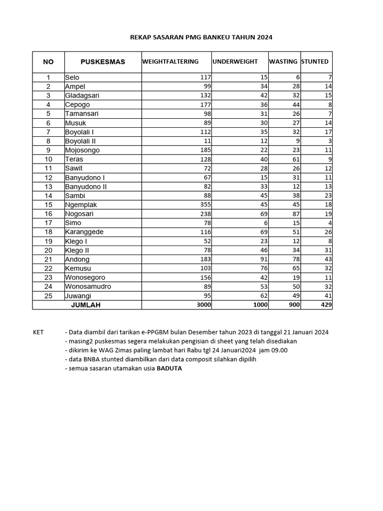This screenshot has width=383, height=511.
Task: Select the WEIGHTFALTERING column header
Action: click(171, 62)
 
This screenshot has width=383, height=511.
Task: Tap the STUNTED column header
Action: click(315, 62)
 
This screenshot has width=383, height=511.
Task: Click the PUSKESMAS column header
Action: click(103, 62)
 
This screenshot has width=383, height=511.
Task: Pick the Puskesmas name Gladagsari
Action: click(82, 95)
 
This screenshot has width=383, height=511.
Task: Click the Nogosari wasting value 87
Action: click(294, 214)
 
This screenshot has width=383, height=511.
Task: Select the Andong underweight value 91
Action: click(262, 259)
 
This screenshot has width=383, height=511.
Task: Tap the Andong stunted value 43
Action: click(327, 259)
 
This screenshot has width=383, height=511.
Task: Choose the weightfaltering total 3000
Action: click(203, 305)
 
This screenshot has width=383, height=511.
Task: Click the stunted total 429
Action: click(326, 305)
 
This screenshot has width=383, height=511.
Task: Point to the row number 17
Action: click(48, 223)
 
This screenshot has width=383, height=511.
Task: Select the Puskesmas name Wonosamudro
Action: click(88, 286)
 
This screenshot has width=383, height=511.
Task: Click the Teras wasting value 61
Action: click(294, 159)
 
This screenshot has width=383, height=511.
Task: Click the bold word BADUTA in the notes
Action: click(170, 368)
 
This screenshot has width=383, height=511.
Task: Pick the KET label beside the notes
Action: click(38, 332)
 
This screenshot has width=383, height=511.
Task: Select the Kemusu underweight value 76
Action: click(262, 268)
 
